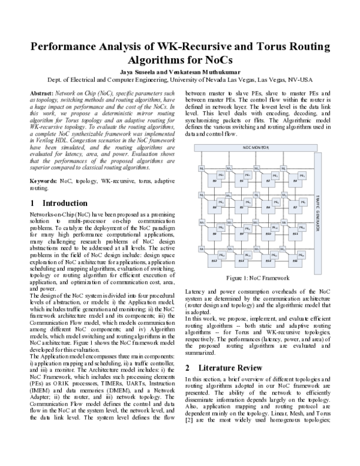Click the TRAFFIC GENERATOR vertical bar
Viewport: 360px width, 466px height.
317,210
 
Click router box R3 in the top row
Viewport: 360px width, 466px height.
295,180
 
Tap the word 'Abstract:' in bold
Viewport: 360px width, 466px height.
41,94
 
